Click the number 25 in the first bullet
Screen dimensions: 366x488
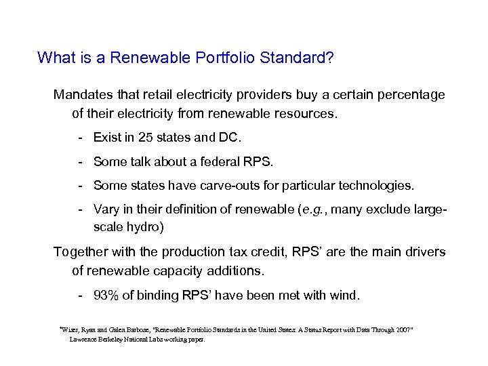coord(146,138)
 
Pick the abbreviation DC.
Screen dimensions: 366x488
coord(228,138)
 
